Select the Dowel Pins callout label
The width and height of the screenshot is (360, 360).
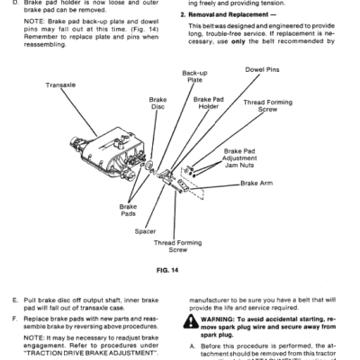262,69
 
